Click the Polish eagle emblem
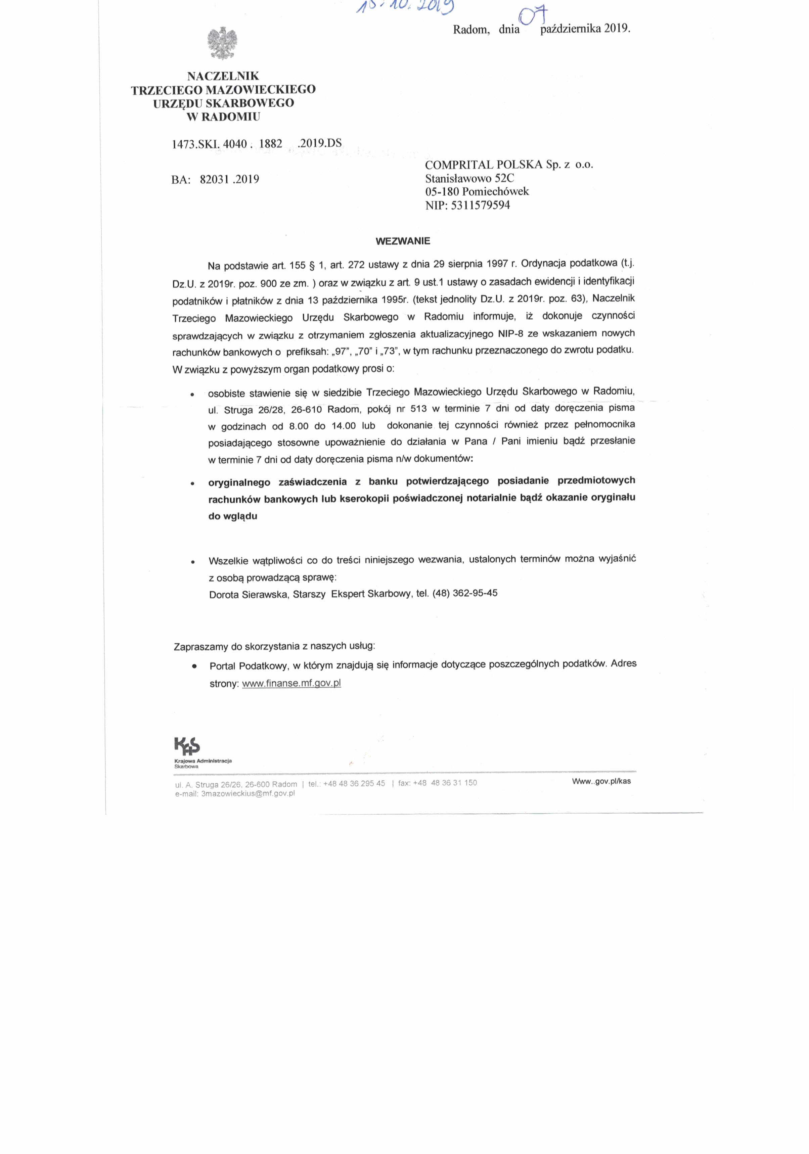click(222, 44)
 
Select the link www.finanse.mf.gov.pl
click(291, 684)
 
